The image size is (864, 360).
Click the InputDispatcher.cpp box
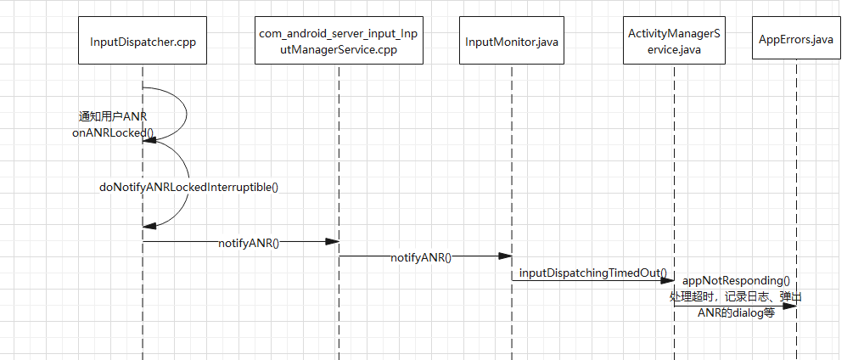pyautogui.click(x=143, y=42)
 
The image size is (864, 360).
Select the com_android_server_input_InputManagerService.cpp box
pyautogui.click(x=339, y=42)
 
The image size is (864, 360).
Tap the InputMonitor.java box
pyautogui.click(x=512, y=42)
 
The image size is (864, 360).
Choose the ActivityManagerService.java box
pyautogui.click(x=675, y=42)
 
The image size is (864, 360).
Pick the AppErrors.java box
pyautogui.click(x=796, y=40)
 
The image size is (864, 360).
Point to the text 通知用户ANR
pyautogui.click(x=114, y=117)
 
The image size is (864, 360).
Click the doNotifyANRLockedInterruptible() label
pyautogui.click(x=189, y=187)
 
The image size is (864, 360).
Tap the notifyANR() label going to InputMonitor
pyautogui.click(x=421, y=256)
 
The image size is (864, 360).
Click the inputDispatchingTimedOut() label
pyautogui.click(x=592, y=273)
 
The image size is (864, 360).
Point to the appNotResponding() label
pyautogui.click(x=736, y=280)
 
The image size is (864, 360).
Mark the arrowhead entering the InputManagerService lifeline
pyautogui.click(x=333, y=242)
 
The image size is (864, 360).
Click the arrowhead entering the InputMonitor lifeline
pyautogui.click(x=506, y=256)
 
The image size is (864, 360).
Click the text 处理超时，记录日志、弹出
pyautogui.click(x=735, y=296)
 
